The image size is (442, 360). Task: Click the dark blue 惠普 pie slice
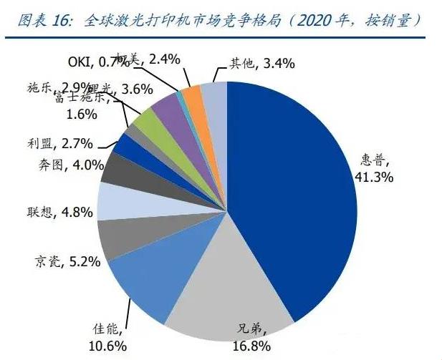tap(294, 193)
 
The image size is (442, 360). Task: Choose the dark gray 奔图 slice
tap(116, 169)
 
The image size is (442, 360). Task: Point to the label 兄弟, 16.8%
tap(251, 336)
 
